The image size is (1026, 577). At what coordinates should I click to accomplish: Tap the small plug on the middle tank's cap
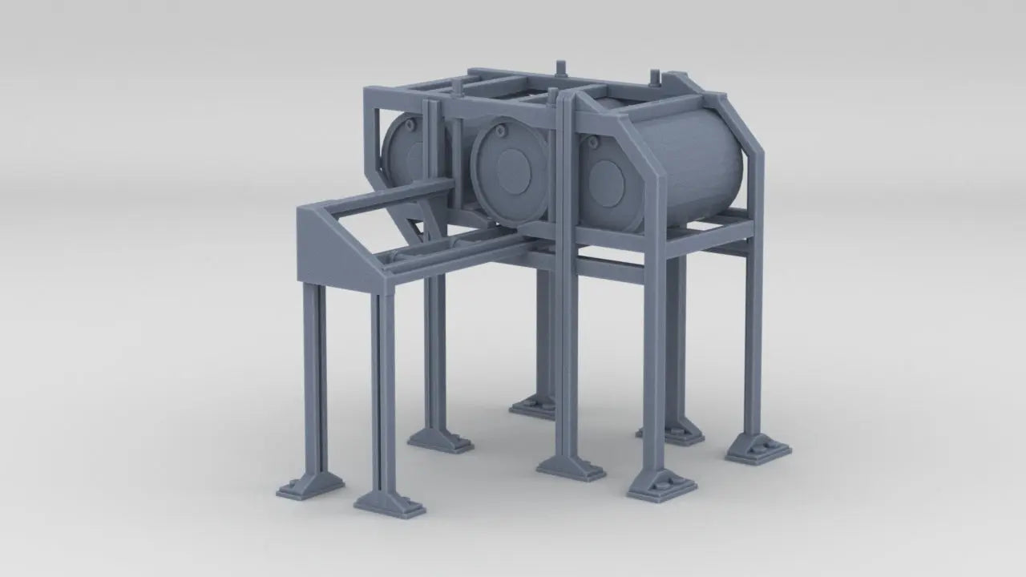501,129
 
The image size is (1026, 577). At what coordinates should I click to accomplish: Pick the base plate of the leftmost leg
310,486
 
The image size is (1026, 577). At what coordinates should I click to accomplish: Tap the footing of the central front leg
571,467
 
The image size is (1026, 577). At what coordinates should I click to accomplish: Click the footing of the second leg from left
390,503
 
